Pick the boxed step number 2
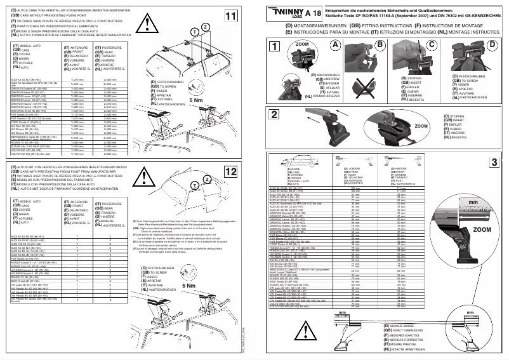pos(274,114)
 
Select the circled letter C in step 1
pos(432,45)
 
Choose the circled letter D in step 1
pos(492,45)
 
